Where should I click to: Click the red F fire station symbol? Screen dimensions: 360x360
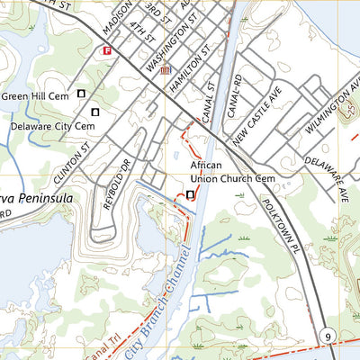tap(107, 50)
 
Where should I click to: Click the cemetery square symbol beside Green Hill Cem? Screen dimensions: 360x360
tap(82, 93)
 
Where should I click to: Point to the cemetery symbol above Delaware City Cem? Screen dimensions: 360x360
tap(95, 112)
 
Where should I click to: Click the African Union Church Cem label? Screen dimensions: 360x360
tap(231, 172)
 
